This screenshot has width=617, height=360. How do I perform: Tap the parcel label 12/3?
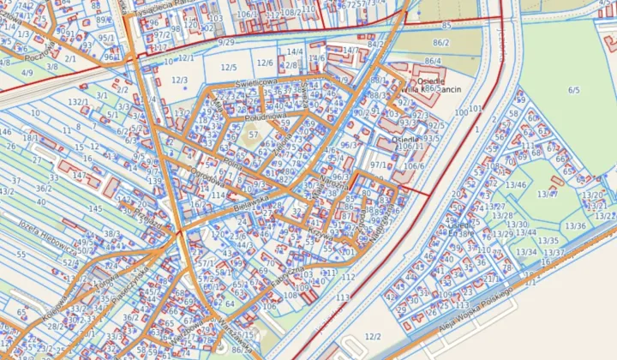point(179,81)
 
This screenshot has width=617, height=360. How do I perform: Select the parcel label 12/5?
point(228,67)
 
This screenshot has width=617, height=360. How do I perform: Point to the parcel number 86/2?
point(441,42)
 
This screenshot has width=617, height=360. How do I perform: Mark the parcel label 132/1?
point(78,102)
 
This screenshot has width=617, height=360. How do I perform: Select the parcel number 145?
point(95,209)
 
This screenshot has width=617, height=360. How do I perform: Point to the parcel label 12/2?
point(373,337)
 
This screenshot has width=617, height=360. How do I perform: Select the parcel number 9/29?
point(226,42)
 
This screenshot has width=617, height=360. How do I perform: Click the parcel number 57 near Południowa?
point(252,135)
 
